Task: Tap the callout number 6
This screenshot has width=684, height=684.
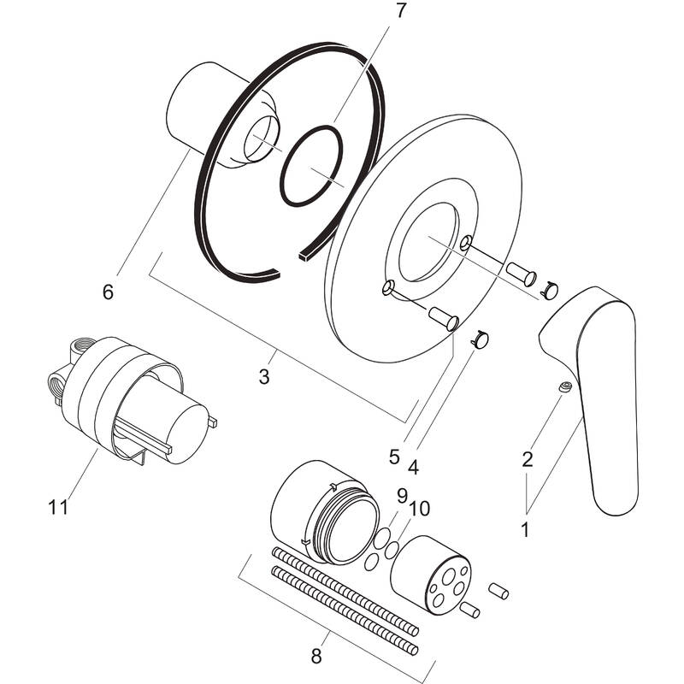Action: (x=108, y=292)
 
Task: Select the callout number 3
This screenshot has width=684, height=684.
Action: (x=264, y=376)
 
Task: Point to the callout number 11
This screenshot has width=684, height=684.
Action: (x=58, y=506)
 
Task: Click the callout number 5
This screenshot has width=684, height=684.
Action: (x=394, y=457)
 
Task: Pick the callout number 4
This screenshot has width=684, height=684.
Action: (x=414, y=467)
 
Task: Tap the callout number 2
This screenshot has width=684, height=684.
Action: (x=528, y=459)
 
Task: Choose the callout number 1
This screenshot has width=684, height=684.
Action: (x=525, y=529)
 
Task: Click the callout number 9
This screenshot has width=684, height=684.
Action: (x=401, y=494)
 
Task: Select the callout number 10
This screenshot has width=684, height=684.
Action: (x=419, y=509)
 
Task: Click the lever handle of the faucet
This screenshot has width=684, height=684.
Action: (x=598, y=385)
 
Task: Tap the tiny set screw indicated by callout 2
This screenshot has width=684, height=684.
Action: (x=565, y=389)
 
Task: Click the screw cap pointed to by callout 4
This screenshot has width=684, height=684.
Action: (x=481, y=340)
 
